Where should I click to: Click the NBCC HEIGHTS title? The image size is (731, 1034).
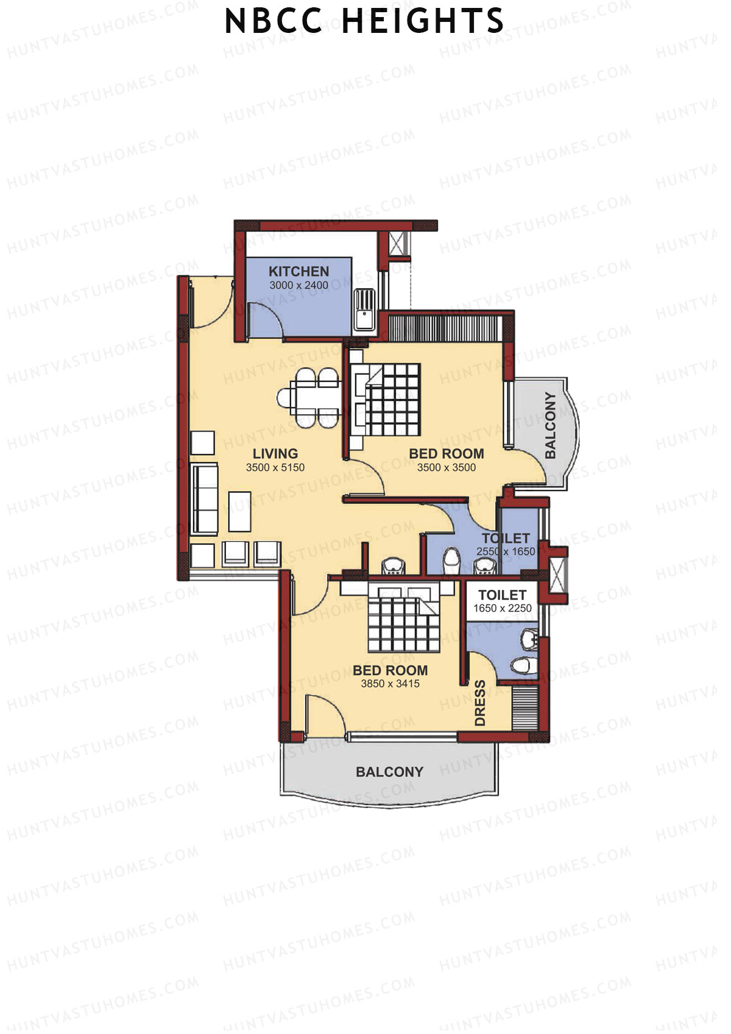pos(364,21)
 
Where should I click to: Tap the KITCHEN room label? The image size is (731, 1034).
pos(298,271)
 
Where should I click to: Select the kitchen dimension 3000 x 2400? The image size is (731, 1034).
pos(298,285)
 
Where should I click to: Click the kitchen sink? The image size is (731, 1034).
pos(364,309)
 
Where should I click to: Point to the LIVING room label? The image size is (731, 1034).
pos(275,453)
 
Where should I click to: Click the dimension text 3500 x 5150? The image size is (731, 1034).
pos(275,467)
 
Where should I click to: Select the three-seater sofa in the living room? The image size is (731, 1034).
pos(205,499)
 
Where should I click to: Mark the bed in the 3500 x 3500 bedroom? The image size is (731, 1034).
pos(388,399)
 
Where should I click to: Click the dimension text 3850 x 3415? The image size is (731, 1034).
pos(390,684)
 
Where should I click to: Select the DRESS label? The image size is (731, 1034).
pos(480,703)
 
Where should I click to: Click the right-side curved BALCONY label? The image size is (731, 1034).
pos(551,425)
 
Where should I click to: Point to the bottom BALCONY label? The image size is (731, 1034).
pos(389,772)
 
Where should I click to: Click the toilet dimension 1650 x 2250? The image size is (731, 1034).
pos(502,608)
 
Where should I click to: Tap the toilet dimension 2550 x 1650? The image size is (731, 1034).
pos(506,551)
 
